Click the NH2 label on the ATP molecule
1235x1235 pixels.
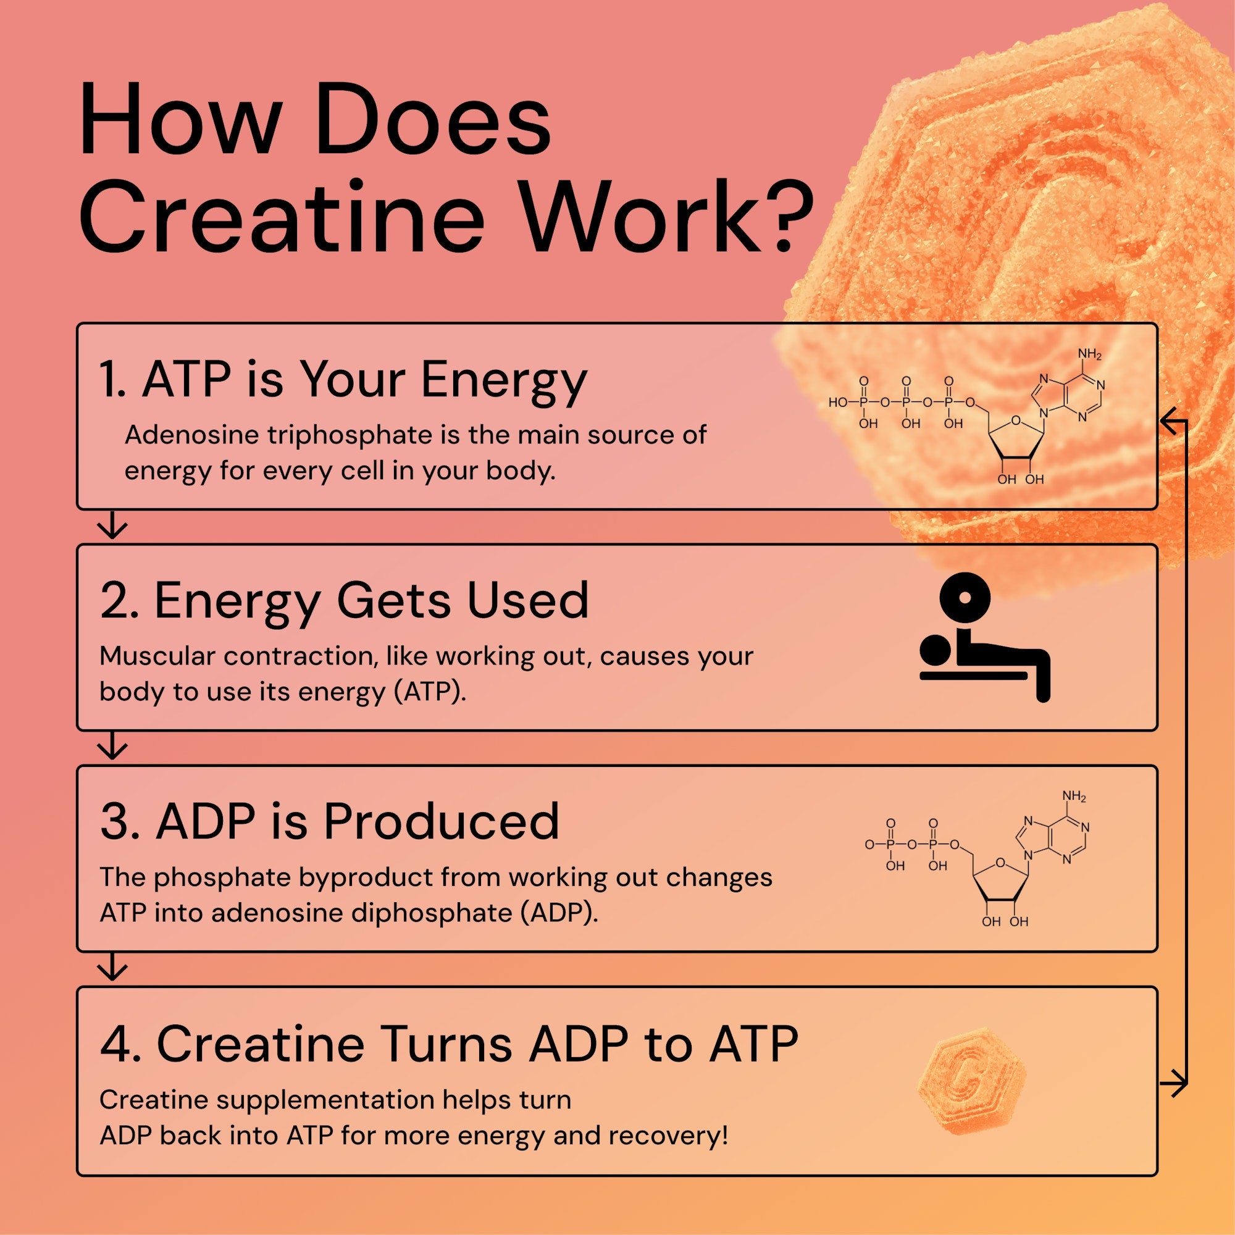1090,353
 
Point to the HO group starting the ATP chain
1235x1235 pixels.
838,403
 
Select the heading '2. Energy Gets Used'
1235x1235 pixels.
344,601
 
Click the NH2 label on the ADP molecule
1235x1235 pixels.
1074,797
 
